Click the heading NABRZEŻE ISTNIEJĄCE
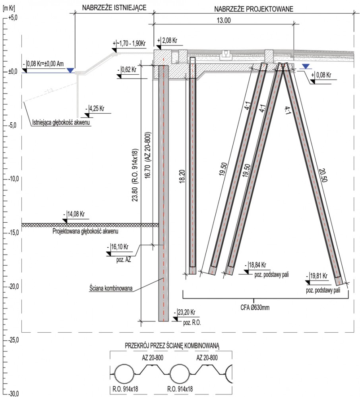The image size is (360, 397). point(114,8)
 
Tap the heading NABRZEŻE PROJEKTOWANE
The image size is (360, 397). point(254,9)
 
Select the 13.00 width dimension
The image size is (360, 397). point(224,20)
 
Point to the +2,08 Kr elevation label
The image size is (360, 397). point(167,40)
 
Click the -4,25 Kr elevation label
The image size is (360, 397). point(95,109)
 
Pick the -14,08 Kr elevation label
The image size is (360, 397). point(74,214)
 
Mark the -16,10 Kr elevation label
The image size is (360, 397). point(118,247)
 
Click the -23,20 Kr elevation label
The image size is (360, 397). point(184,312)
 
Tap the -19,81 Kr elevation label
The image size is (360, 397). point(317,276)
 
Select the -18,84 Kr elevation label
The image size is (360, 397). point(255,265)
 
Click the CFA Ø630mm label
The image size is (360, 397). point(255,308)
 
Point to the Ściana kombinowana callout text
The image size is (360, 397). point(111,288)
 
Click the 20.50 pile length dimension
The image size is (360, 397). point(323,175)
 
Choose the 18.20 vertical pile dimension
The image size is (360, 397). point(182,177)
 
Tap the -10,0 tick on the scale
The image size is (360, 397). point(13,179)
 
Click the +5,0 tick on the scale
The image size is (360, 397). point(12,18)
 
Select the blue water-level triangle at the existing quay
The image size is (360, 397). point(70,70)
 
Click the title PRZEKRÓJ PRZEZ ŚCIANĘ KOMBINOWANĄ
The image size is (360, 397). point(172,346)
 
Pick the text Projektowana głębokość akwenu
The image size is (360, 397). point(85,231)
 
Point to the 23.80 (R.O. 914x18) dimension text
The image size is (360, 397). point(135,175)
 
